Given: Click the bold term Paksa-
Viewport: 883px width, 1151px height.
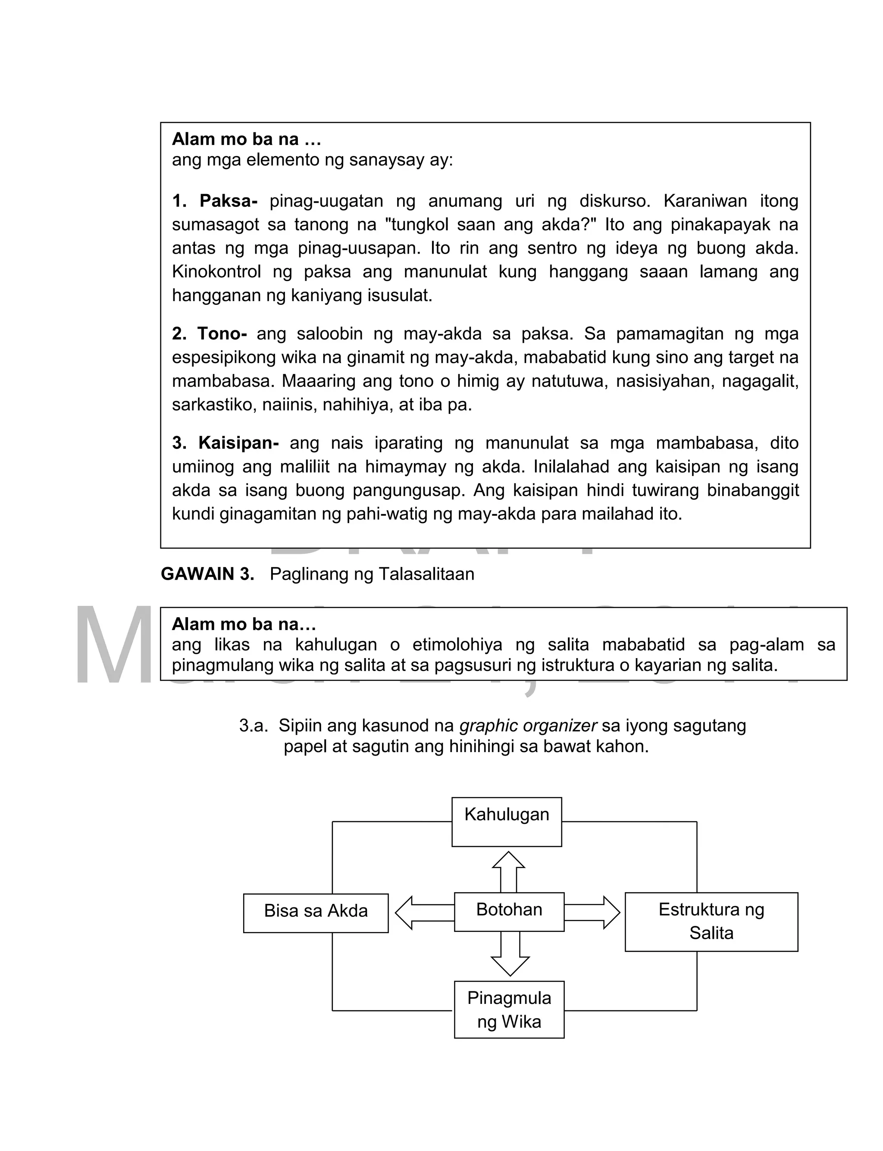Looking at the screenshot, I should (228, 201).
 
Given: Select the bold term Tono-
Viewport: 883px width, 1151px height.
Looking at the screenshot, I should (222, 333).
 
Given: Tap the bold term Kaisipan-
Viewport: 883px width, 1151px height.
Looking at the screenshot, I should (238, 442).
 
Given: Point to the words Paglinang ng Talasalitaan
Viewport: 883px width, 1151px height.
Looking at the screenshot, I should (372, 574).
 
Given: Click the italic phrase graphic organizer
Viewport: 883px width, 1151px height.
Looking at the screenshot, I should (528, 725).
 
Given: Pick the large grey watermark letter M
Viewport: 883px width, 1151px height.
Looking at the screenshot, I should (113, 646).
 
